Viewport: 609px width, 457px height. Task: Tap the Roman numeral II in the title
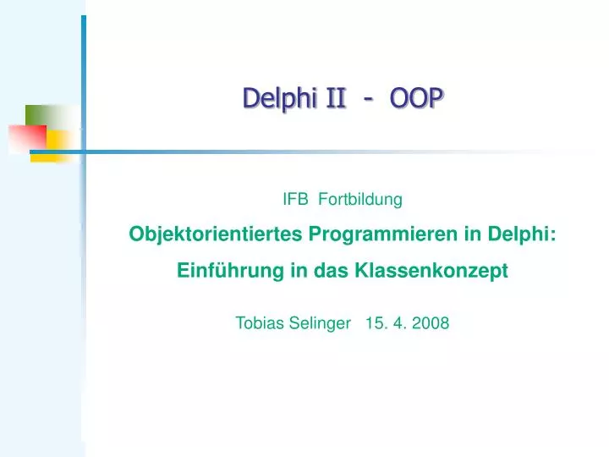pos(337,99)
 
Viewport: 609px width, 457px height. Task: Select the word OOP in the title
pos(416,99)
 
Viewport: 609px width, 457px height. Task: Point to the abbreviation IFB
pos(295,200)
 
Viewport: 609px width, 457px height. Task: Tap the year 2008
pos(431,322)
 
